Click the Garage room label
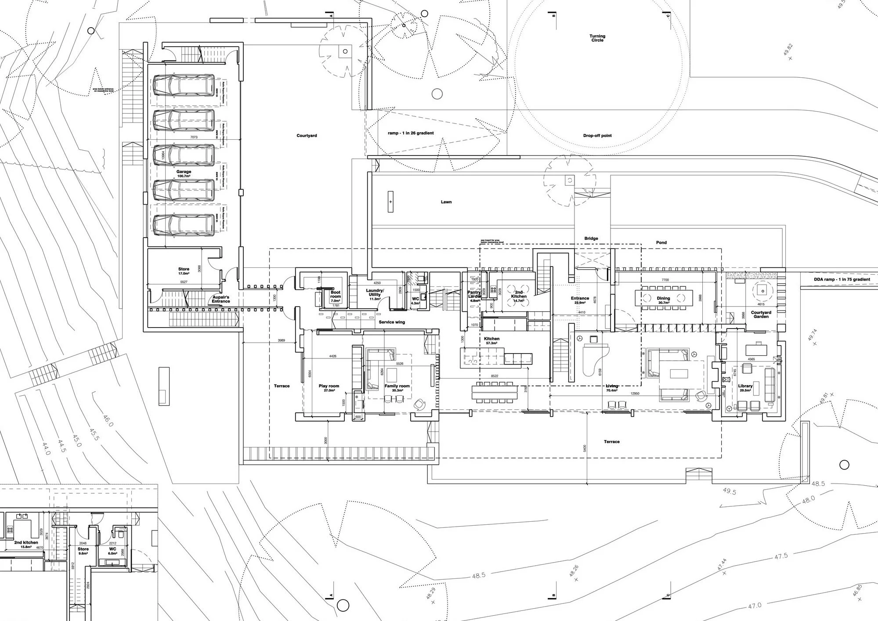pyautogui.click(x=184, y=172)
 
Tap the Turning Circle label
pyautogui.click(x=597, y=38)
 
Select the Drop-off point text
pyautogui.click(x=597, y=136)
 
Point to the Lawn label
pyautogui.click(x=446, y=202)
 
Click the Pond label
pyautogui.click(x=661, y=242)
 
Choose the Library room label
pyautogui.click(x=745, y=386)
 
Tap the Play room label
pyautogui.click(x=329, y=386)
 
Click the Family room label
pyautogui.click(x=397, y=386)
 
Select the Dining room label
pyautogui.click(x=663, y=299)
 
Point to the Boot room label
pyautogui.click(x=336, y=294)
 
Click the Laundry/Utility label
pyautogui.click(x=375, y=292)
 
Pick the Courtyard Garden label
pyautogui.click(x=761, y=314)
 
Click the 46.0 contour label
pyautogui.click(x=108, y=421)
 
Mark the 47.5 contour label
pyautogui.click(x=781, y=556)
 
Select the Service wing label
pyautogui.click(x=392, y=322)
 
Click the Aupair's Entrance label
pyautogui.click(x=220, y=299)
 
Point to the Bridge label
pyautogui.click(x=591, y=238)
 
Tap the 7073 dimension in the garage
pyautogui.click(x=194, y=137)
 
